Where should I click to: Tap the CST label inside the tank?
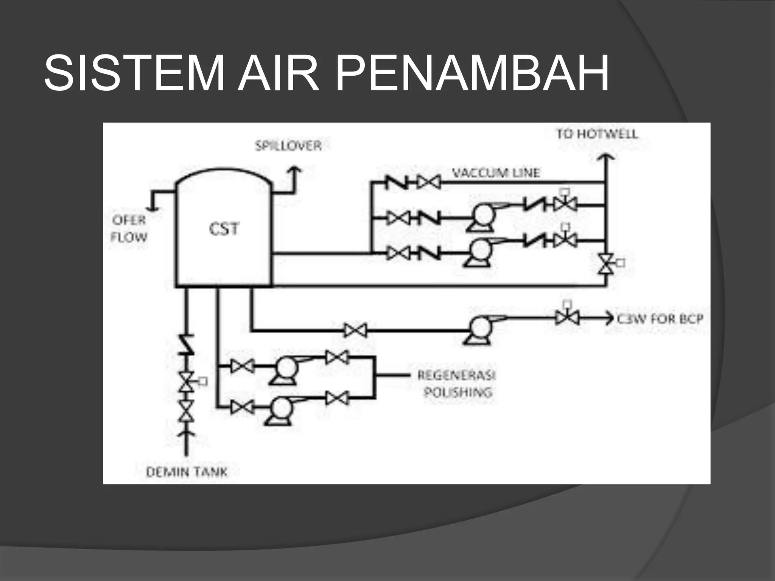point(224,229)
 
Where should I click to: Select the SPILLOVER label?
point(288,146)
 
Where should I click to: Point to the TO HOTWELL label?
point(597,134)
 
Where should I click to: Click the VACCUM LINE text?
point(496,173)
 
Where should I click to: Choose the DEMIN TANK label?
point(187,472)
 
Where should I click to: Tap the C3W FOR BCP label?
point(660,319)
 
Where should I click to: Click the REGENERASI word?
point(456,375)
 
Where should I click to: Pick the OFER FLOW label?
point(129,228)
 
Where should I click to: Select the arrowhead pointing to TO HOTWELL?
point(605,157)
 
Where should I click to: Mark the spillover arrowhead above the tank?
point(294,170)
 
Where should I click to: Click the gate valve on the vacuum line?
point(429,183)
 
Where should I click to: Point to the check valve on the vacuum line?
point(397,183)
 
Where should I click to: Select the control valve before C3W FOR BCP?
point(567,317)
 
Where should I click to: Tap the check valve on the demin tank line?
point(186,344)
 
